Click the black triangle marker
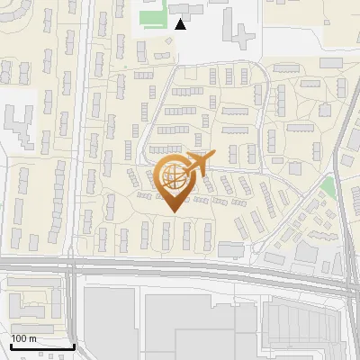point(181,24)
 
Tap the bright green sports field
point(153,17)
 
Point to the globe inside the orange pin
point(171,175)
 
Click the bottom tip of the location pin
point(173,211)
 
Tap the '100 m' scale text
point(23,338)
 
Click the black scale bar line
point(42,346)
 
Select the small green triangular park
point(328,188)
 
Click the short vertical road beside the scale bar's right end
point(74,315)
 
